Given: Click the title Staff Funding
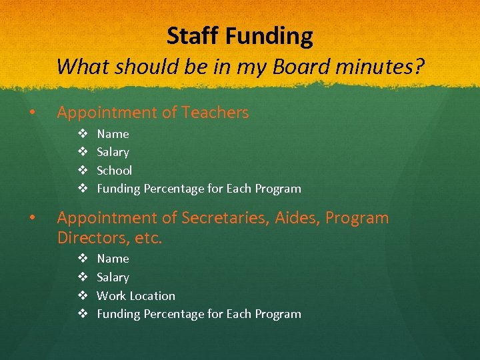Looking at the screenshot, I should [239, 36].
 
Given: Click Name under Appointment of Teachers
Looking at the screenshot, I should [113, 134].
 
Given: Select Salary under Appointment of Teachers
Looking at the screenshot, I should [113, 152].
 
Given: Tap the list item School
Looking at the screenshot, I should [114, 171].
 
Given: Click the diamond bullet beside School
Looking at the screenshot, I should [83, 171].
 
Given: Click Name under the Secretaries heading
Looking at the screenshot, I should [113, 259].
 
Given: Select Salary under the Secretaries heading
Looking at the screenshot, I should [113, 277].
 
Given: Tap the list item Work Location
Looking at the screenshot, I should [136, 296].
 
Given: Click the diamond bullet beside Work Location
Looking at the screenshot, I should [83, 296].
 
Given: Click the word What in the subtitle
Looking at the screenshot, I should [78, 67].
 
